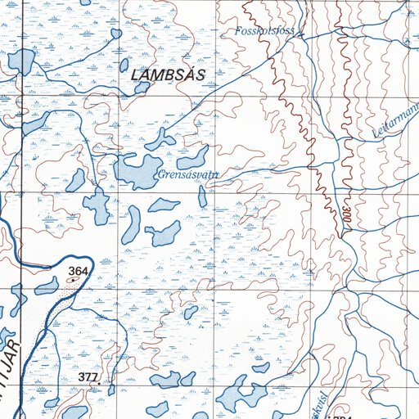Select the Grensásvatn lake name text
click(x=182, y=174)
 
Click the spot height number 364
click(x=78, y=270)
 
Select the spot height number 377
click(x=88, y=376)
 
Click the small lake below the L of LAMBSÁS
click(x=142, y=87)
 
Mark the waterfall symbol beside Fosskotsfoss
click(x=300, y=34)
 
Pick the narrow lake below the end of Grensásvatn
click(x=202, y=197)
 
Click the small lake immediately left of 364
click(x=47, y=286)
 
